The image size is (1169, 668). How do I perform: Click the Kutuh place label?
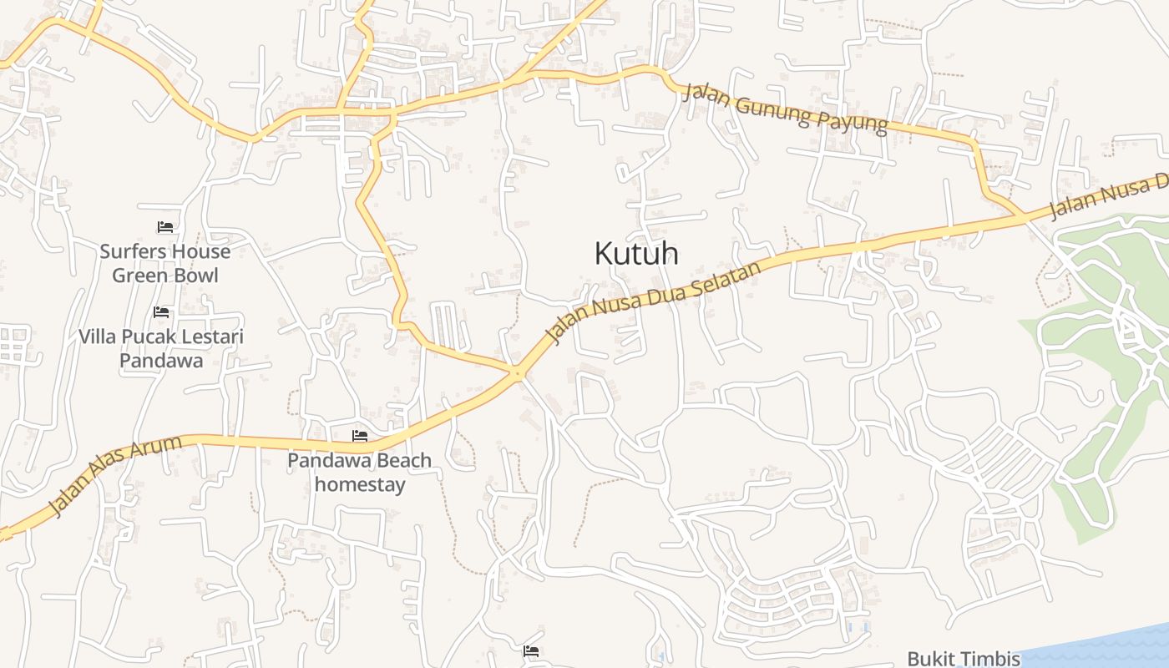[635, 253]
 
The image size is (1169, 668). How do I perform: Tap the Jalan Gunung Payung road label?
[784, 108]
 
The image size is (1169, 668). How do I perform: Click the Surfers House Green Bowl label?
[164, 263]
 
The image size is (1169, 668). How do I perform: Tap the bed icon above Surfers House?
[164, 226]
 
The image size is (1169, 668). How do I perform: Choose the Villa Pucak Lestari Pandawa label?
[161, 348]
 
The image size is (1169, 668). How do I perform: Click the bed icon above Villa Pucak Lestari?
[161, 312]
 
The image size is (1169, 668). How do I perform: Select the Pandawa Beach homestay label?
[359, 472]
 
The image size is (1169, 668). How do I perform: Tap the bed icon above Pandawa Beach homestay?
[360, 436]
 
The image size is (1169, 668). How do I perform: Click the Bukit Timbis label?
[964, 659]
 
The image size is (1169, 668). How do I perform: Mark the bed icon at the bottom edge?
[531, 651]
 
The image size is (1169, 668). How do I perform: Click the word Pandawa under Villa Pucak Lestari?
[161, 361]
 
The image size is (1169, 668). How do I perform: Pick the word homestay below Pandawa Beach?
[360, 484]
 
